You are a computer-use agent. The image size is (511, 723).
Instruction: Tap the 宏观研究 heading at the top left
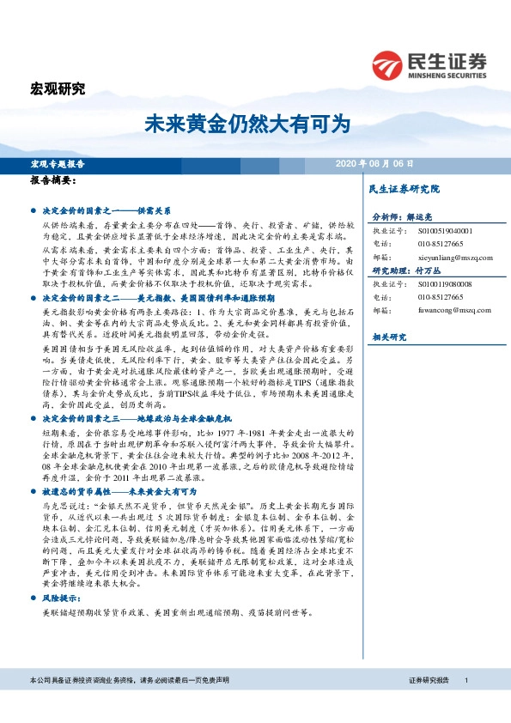click(58, 88)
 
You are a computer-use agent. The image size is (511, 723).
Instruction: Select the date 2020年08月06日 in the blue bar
click(374, 163)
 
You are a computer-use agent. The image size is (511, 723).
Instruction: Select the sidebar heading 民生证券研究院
click(404, 188)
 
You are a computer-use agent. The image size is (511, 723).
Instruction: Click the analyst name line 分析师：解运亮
click(402, 218)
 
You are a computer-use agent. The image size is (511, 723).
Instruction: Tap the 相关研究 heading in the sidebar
click(388, 337)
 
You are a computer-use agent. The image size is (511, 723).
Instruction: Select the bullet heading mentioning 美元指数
click(146, 296)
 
